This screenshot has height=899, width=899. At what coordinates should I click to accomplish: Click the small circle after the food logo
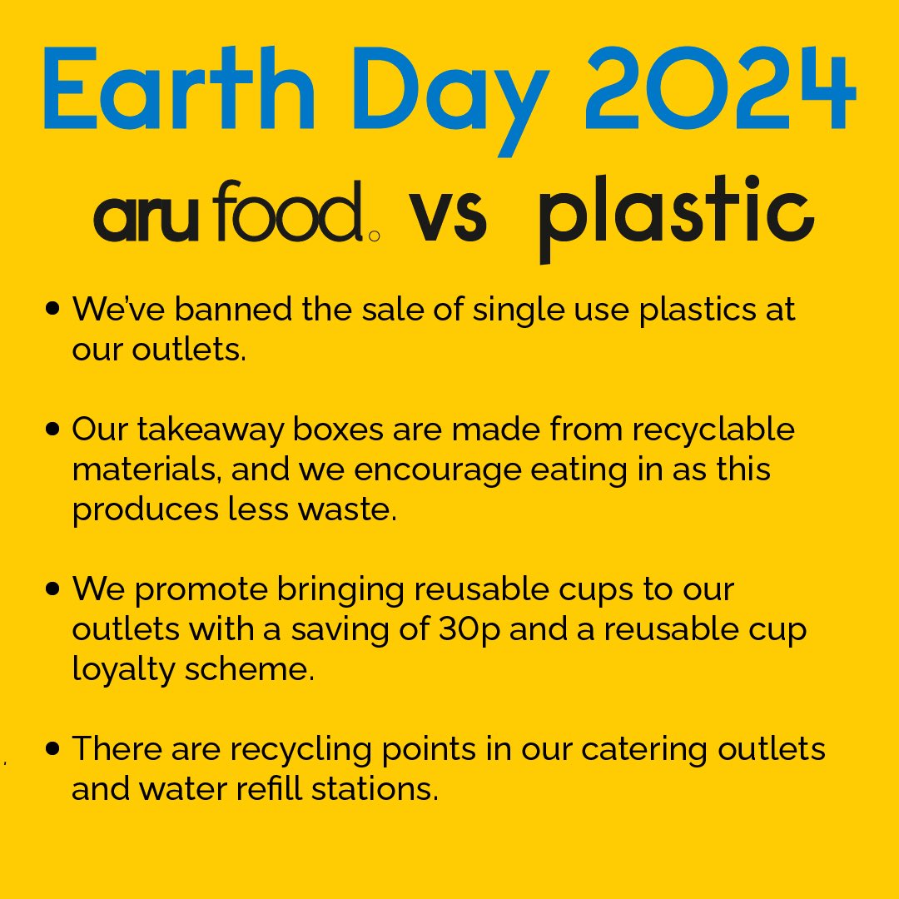click(x=374, y=236)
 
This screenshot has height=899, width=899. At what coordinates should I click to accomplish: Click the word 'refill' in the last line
click(x=274, y=787)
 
